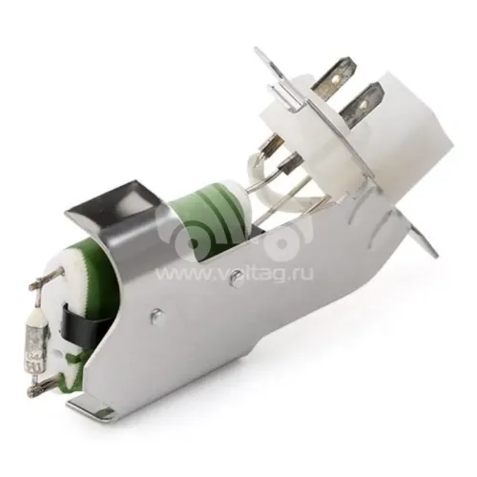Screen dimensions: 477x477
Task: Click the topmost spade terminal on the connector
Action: click(x=333, y=73)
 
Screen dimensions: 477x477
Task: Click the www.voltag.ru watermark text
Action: click(x=235, y=273)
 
